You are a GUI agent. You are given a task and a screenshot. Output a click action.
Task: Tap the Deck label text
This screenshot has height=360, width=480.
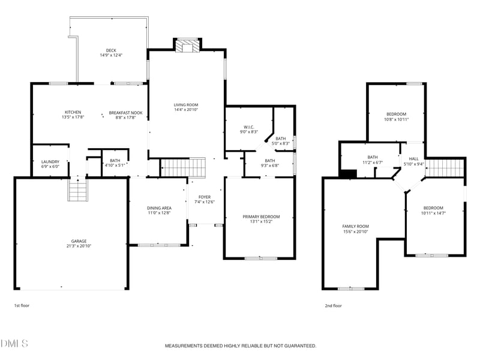(111, 50)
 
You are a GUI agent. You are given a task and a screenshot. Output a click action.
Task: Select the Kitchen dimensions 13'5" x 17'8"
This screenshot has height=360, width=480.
(73, 118)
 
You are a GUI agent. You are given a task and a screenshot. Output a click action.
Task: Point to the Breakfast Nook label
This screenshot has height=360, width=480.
(125, 112)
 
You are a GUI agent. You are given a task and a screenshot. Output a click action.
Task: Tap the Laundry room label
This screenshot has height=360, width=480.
(50, 161)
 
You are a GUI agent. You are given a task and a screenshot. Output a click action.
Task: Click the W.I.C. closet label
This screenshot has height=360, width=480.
(248, 127)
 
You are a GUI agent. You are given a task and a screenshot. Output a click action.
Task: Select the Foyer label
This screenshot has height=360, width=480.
(205, 197)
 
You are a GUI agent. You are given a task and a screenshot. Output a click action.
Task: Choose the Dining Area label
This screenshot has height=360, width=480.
(159, 208)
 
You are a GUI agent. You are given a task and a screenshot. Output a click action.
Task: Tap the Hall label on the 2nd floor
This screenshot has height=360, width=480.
(414, 159)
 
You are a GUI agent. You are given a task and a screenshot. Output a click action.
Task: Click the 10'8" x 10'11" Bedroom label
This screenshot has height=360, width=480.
(396, 114)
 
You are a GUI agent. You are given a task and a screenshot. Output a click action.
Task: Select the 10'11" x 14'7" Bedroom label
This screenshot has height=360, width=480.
(433, 208)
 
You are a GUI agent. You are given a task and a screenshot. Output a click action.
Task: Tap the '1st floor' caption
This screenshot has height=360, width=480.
(22, 305)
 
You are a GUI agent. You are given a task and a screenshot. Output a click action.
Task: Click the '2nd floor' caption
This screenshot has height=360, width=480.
(333, 305)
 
